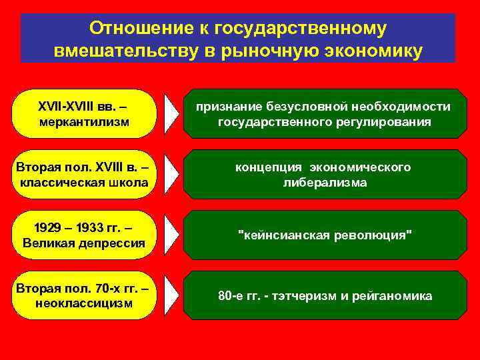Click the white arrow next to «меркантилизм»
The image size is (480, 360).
171,114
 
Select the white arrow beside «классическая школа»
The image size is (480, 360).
171,175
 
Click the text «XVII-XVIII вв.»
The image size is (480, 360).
79,107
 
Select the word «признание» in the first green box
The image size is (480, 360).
229,107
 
